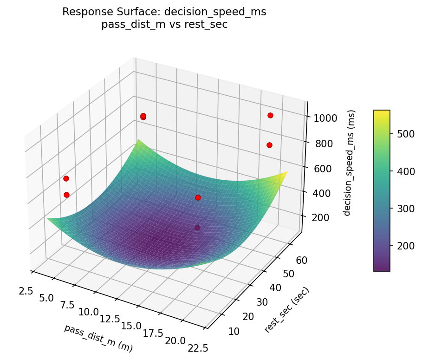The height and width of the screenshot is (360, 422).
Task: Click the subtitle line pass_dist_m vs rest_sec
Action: [164, 25]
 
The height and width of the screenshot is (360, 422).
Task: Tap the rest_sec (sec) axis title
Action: [286, 310]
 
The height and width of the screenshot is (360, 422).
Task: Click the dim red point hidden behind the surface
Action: [197, 228]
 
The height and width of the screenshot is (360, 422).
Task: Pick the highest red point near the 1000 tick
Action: [270, 115]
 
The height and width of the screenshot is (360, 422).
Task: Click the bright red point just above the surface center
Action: [198, 197]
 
